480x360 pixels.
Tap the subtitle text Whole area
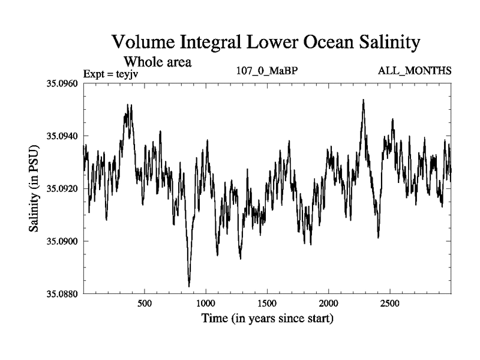click(157, 61)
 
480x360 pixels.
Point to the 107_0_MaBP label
click(268, 71)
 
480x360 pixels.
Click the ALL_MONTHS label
click(415, 71)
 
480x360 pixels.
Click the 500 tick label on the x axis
click(145, 304)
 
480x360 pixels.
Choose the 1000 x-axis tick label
click(206, 304)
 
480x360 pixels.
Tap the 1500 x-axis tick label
click(267, 304)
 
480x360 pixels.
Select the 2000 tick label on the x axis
click(329, 304)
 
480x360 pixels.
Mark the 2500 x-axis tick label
click(390, 304)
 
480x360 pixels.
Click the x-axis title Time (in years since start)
click(267, 319)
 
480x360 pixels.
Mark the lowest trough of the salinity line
click(189, 286)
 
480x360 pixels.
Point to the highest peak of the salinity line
click(363, 100)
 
